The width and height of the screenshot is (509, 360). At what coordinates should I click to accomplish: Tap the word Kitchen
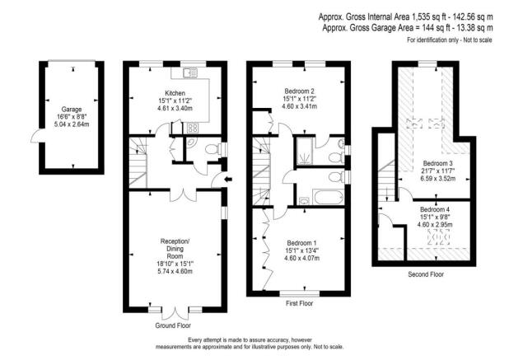click(175, 93)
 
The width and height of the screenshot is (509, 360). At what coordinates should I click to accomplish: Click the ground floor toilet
click(212, 149)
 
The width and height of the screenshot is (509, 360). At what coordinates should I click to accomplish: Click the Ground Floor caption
click(174, 325)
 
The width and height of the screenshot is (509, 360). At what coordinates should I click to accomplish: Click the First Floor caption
click(299, 303)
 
